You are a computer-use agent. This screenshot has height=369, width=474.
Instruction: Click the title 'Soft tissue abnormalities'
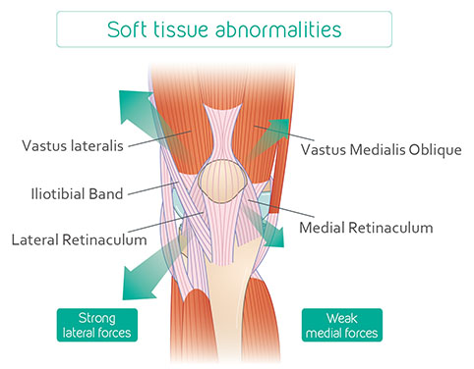coord(224,29)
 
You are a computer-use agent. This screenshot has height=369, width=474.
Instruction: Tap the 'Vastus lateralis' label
coord(73,145)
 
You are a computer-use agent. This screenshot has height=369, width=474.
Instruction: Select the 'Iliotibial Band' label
coord(77,193)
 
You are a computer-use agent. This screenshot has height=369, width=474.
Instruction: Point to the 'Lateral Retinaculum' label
coord(79,239)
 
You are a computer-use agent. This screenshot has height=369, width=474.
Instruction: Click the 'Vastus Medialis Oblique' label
coord(382,150)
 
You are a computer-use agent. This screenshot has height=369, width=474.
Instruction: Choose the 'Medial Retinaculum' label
coord(366,228)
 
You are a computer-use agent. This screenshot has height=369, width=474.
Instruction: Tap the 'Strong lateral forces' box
coord(97,325)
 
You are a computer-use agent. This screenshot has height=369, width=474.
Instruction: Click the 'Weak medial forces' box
coord(342,325)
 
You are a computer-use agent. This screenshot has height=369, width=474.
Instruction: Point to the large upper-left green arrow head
coord(133,105)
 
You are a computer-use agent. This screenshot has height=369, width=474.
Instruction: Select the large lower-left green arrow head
coord(136,284)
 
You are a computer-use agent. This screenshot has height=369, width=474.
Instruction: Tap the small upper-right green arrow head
coord(279,128)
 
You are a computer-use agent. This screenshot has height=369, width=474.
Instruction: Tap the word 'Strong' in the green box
coord(97,318)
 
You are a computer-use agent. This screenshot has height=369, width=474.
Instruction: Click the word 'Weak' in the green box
coord(342,318)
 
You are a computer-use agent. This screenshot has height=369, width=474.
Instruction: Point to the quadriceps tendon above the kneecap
coord(223,131)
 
